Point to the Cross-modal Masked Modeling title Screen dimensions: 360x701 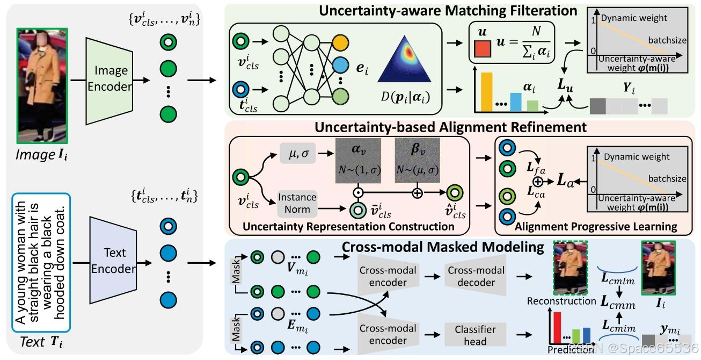pyautogui.click(x=443, y=247)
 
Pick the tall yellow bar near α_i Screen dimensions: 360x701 pyautogui.click(x=487, y=92)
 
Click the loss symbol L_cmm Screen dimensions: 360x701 pyautogui.click(x=617, y=304)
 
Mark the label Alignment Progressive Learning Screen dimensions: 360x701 pyautogui.click(x=595, y=227)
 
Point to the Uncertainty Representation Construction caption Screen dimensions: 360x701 pyautogui.click(x=348, y=227)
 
